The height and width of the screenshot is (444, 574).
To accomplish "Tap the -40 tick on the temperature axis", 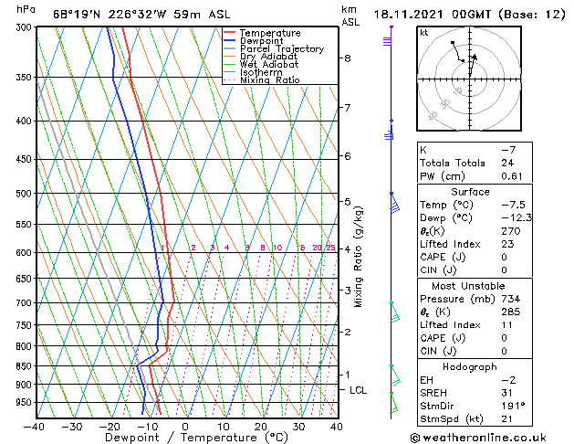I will point(36,426).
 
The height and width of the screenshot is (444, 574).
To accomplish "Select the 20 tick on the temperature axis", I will point(261,426).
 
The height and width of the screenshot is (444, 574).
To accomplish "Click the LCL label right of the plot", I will point(359,390).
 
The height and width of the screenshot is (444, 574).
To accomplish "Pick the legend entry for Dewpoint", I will point(263,41).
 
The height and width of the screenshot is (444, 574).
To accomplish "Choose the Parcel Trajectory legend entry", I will point(281,49).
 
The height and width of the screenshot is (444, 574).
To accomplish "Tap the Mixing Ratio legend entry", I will point(270,80).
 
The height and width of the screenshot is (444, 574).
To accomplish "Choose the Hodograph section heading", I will point(470,366).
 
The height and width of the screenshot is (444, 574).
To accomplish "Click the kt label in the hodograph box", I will point(424,33).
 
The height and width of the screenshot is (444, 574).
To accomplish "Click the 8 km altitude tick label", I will point(347,58).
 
